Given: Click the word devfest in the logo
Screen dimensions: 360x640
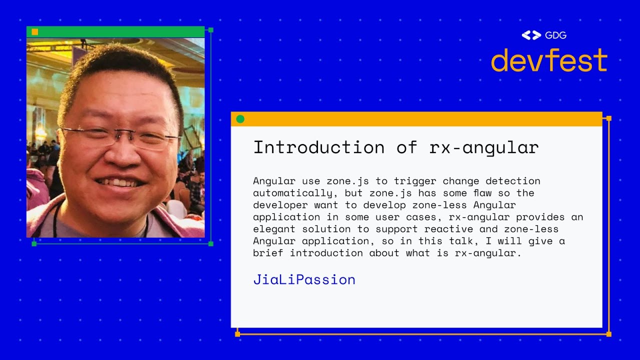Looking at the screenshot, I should click(x=549, y=60).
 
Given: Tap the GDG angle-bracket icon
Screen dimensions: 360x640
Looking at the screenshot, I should click(x=531, y=35).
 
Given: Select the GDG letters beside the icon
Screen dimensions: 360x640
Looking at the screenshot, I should click(x=555, y=35).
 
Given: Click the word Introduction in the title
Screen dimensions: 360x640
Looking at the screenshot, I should click(x=318, y=147).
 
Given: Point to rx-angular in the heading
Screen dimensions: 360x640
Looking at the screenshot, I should click(x=483, y=147).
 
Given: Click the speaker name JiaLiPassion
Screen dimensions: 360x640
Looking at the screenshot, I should click(x=304, y=279).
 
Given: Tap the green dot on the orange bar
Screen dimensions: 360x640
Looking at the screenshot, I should click(x=240, y=119).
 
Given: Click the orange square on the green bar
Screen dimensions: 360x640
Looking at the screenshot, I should click(x=35, y=32).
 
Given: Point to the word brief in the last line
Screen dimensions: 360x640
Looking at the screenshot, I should click(x=268, y=253).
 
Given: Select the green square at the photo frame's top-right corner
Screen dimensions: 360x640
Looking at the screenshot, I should click(x=210, y=30).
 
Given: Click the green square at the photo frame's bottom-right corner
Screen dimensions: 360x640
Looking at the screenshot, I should click(x=210, y=243).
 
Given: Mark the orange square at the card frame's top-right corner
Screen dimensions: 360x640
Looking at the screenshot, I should click(x=608, y=118).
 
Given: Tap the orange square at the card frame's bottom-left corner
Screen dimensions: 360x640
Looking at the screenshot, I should click(x=237, y=334).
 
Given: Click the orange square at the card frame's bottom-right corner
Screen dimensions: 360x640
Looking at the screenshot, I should click(x=608, y=334).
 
